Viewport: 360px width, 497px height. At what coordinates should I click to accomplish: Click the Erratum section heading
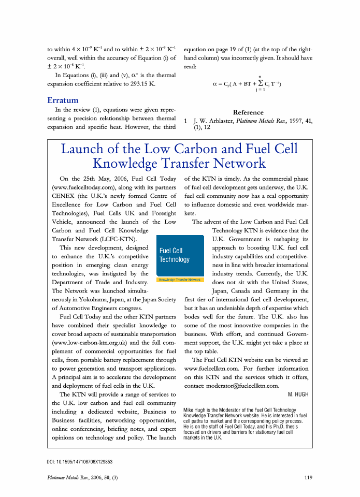pyautogui.click(x=63, y=100)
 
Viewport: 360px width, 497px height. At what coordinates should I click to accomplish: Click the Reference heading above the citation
pyautogui.click(x=248, y=112)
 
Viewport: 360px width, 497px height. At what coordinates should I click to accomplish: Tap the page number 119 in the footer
pyautogui.click(x=308, y=477)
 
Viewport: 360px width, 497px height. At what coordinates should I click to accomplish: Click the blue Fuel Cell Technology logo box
pyautogui.click(x=180, y=255)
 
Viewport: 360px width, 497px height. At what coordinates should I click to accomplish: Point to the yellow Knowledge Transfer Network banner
pyautogui.click(x=180, y=280)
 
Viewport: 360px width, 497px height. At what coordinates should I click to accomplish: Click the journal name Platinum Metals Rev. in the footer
pyautogui.click(x=69, y=477)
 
